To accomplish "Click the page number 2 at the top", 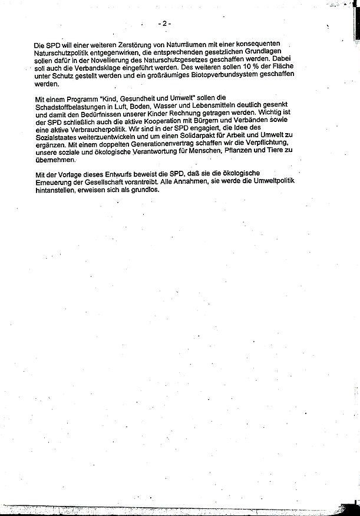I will tap(165, 23).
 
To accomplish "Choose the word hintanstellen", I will tap(58, 190).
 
